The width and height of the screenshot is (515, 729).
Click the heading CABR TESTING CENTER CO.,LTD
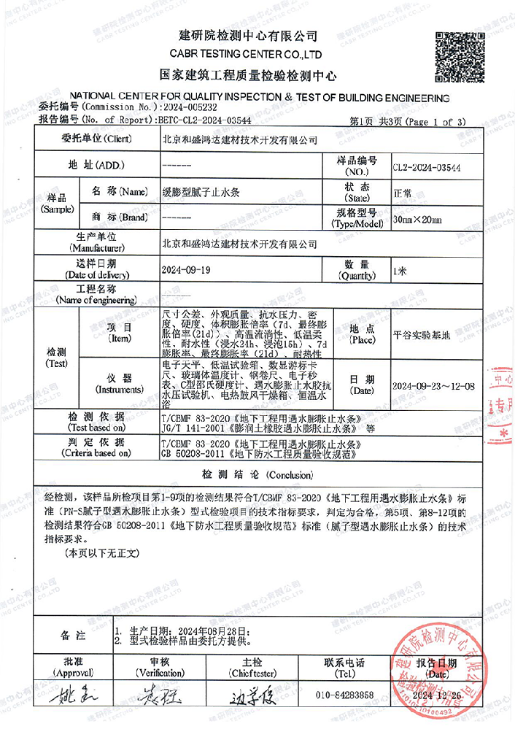[x=246, y=54]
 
